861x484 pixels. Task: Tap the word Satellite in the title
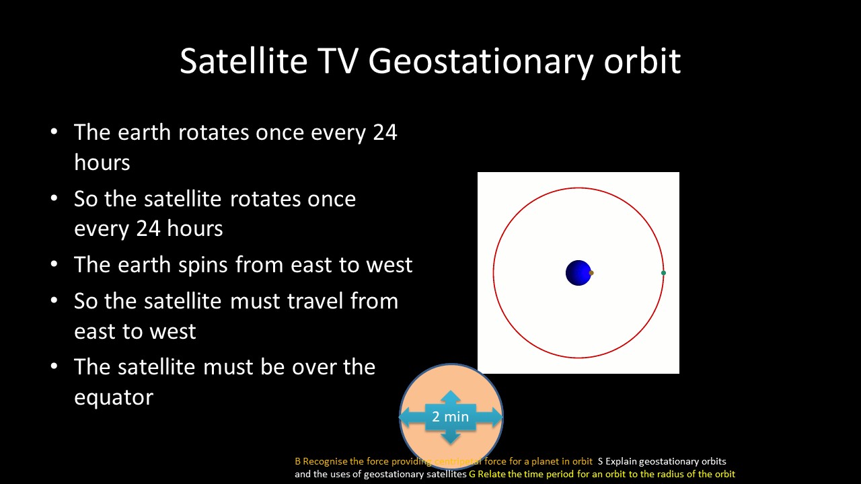244,61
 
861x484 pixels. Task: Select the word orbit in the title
642,61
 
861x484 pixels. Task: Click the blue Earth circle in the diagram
578,273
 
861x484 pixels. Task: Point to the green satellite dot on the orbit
663,273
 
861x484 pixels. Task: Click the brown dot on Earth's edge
591,273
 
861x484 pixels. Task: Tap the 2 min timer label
450,416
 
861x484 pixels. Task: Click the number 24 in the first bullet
385,132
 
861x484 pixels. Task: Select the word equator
114,397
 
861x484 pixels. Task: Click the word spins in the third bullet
202,266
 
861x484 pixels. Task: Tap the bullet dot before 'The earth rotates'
54,132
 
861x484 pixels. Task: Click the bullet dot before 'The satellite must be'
54,366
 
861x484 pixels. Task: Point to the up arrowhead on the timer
451,397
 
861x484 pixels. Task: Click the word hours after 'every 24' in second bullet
194,229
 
